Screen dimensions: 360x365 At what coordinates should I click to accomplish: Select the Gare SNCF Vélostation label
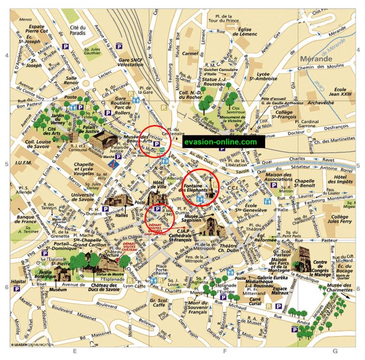tap(131, 64)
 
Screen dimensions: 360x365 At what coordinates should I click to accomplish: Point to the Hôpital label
tap(18, 281)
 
